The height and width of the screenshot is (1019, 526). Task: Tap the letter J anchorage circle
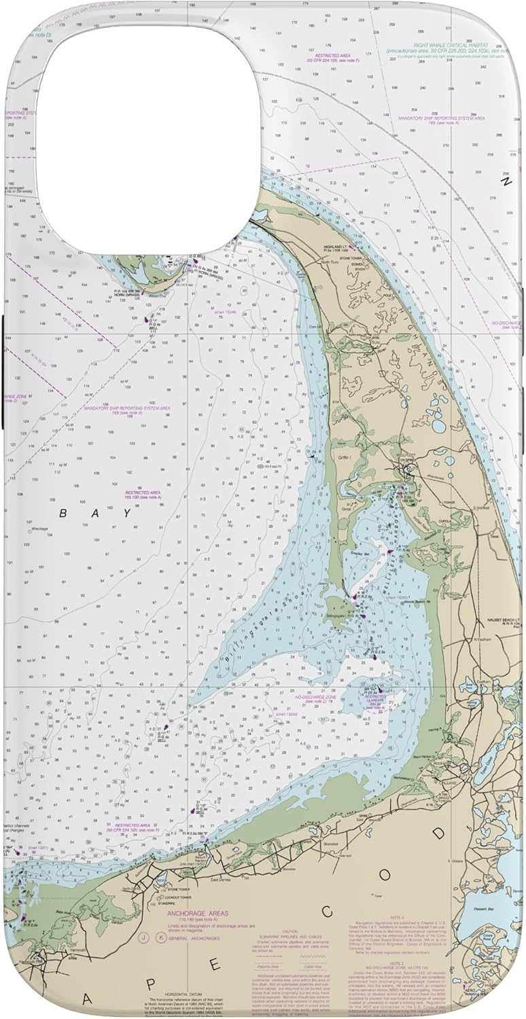click(x=144, y=938)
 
